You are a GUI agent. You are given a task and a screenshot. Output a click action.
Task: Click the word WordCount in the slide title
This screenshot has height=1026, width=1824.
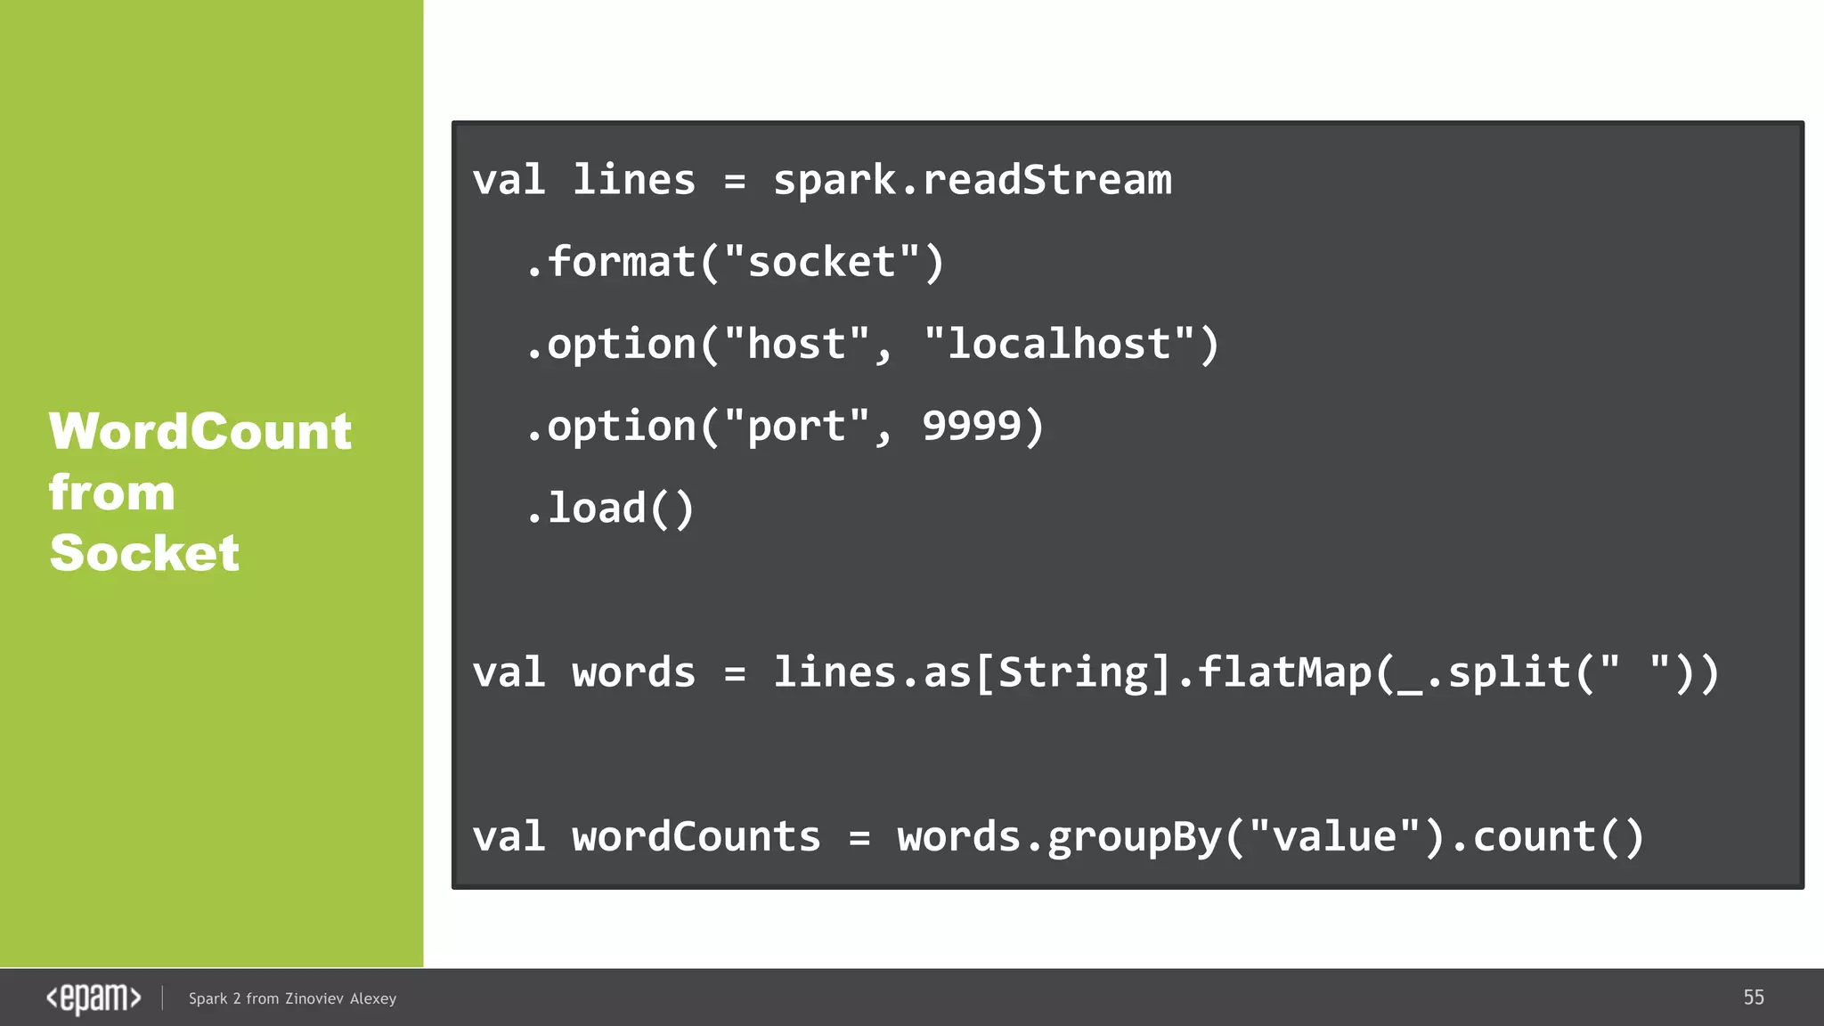[200, 432]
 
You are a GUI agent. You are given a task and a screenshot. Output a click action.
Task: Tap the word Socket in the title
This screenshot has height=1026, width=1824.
[144, 553]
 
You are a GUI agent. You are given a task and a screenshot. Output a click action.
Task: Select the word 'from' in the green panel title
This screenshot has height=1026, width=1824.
[111, 493]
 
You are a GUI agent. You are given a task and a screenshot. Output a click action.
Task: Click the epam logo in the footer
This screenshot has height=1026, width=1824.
[94, 998]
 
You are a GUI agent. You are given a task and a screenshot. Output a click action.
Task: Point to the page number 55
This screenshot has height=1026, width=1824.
[1753, 997]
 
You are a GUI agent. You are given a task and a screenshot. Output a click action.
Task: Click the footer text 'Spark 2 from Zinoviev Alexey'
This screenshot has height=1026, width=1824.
[292, 998]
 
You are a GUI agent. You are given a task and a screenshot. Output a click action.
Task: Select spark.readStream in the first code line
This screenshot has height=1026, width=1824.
[972, 181]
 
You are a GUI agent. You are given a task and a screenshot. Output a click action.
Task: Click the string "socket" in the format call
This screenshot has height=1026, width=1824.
[821, 263]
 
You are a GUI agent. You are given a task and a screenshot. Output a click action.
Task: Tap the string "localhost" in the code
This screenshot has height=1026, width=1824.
[1059, 345]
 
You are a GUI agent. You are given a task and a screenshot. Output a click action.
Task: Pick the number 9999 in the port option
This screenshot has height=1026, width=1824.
[971, 427]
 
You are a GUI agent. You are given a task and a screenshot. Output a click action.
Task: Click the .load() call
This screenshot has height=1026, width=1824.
[610, 509]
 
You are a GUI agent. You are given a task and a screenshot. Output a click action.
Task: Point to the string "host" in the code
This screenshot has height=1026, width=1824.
[796, 345]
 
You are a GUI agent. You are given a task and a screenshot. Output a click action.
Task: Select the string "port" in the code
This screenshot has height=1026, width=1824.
[796, 427]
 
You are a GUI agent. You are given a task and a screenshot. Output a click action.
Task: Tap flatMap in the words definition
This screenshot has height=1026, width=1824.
[1284, 672]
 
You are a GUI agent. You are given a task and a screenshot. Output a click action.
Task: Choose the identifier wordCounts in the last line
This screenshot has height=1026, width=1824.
[696, 837]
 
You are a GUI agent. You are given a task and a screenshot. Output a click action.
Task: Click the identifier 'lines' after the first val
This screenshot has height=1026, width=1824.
[633, 181]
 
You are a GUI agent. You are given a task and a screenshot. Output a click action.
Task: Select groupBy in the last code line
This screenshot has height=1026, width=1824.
[1134, 837]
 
